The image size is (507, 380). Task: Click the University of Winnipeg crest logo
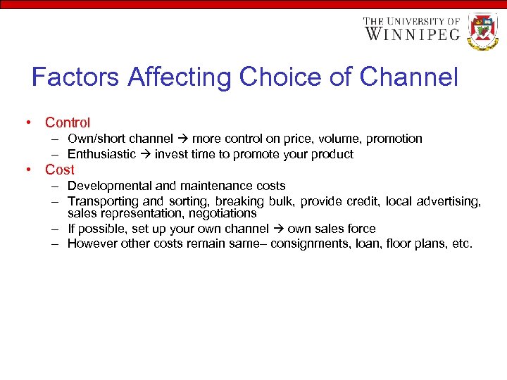pyautogui.click(x=483, y=30)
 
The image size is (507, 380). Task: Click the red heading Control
pyautogui.click(x=68, y=123)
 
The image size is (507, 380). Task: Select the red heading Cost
pyautogui.click(x=59, y=170)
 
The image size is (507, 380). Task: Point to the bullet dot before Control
pyautogui.click(x=27, y=123)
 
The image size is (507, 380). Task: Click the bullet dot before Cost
pyautogui.click(x=27, y=170)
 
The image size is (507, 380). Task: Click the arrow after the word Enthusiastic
pyautogui.click(x=145, y=154)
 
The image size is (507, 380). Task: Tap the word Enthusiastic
pyautogui.click(x=101, y=154)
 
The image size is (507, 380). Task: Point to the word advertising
pyautogui.click(x=451, y=202)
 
